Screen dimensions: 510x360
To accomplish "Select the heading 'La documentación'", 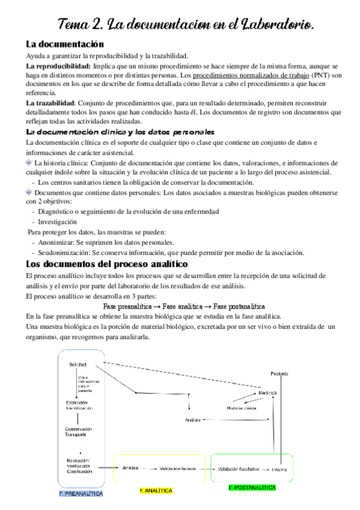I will pyautogui.click(x=65, y=44).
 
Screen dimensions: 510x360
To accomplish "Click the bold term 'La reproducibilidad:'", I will pyautogui.click(x=58, y=66).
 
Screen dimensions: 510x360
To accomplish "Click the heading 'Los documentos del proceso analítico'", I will pyautogui.click(x=107, y=264).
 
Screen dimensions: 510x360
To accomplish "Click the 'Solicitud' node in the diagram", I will pyautogui.click(x=78, y=365).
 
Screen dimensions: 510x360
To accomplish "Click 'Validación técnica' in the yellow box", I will pyautogui.click(x=177, y=468).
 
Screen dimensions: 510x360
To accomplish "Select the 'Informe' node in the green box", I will pyautogui.click(x=280, y=469).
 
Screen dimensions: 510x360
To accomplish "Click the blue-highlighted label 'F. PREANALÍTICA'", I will pyautogui.click(x=81, y=493).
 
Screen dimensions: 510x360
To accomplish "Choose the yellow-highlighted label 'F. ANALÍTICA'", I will pyautogui.click(x=156, y=491).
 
